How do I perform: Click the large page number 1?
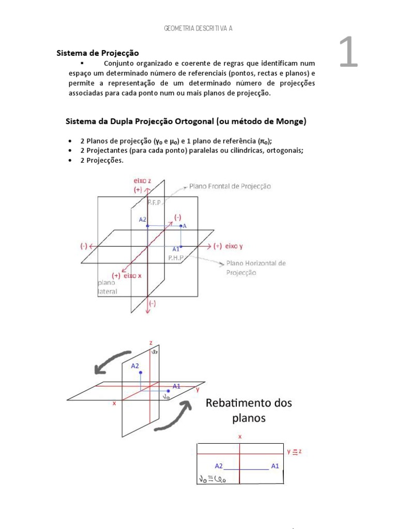pos(348,53)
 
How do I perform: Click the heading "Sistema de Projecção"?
pos(97,53)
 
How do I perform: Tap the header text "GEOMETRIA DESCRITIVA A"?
pos(198,28)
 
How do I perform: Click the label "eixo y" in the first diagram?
pos(234,246)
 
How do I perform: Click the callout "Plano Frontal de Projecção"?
pos(230,186)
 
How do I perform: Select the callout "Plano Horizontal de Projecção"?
pos(255,268)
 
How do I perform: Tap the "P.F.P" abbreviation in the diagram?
pos(154,203)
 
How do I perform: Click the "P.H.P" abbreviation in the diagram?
pos(176,257)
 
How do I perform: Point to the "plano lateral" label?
pos(108,287)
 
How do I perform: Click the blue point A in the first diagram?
pos(180,226)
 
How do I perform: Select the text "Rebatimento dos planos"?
pos(249,410)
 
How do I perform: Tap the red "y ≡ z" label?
pos(294,452)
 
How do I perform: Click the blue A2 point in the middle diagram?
pos(141,372)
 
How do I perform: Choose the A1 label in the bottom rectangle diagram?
pos(275,465)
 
